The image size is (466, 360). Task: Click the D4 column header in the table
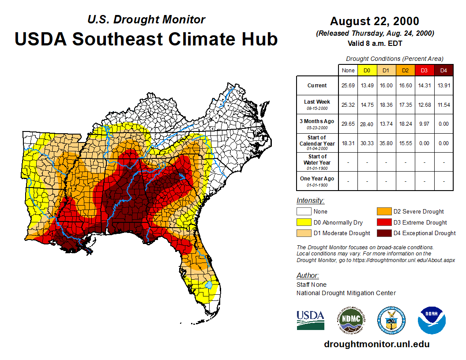pos(444,70)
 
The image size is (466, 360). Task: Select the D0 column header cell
pos(367,70)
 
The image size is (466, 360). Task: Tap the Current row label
pos(317,86)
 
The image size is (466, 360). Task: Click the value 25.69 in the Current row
pos(348,86)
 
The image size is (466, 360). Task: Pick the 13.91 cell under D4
pos(444,86)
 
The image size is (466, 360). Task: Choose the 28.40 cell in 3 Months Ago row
pos(367,124)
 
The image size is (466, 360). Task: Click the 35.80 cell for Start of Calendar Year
pos(386,143)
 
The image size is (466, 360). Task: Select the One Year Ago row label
pos(317,181)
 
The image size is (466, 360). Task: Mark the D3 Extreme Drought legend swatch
pos(383,222)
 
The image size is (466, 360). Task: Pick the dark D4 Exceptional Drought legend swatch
pos(383,233)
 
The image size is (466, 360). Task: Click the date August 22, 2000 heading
pos(375,21)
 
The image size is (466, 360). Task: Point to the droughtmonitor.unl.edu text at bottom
pos(376,344)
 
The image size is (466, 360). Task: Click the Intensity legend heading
pos(310,201)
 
